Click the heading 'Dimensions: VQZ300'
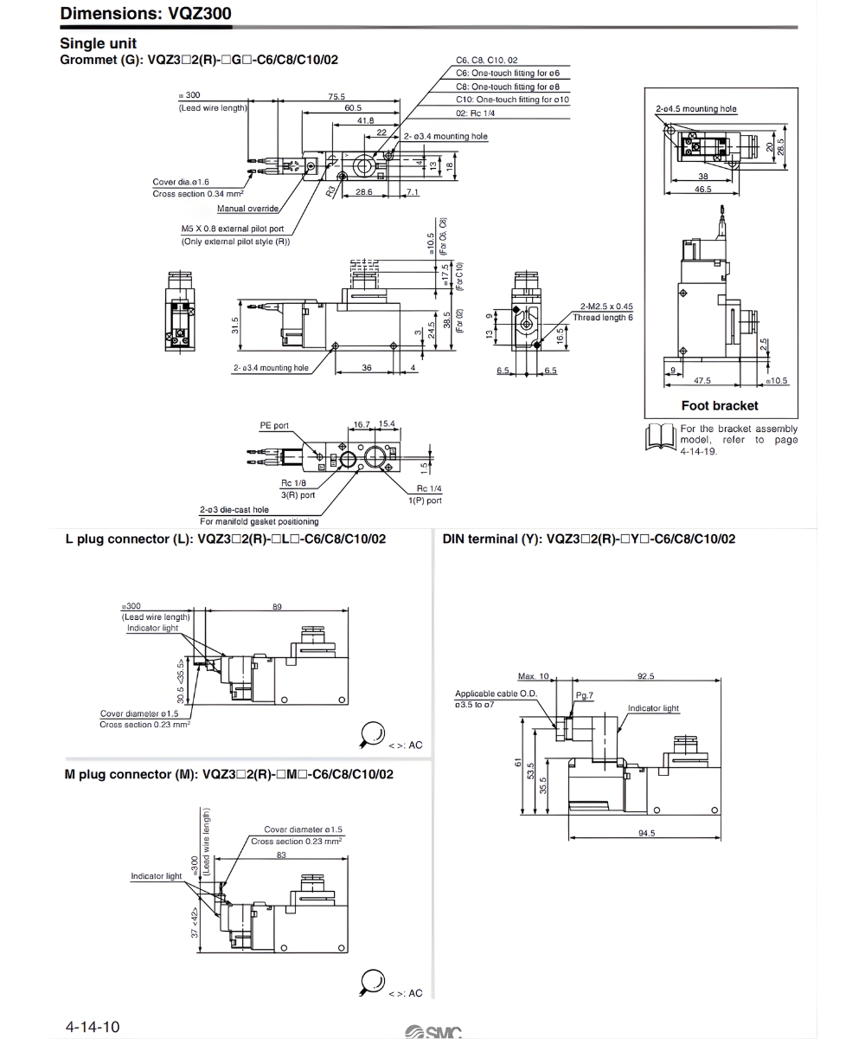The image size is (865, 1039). (145, 13)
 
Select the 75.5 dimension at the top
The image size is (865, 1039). (336, 96)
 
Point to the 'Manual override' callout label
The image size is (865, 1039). (247, 209)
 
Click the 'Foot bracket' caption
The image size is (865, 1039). (719, 405)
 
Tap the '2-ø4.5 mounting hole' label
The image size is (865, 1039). (696, 109)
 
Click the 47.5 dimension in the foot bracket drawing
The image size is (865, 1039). (702, 380)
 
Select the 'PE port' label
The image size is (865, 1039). (274, 426)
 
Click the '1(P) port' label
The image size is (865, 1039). (426, 500)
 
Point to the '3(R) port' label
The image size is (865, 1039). (298, 494)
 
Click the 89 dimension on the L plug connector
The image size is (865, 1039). (277, 607)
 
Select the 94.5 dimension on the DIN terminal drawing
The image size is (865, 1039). (646, 833)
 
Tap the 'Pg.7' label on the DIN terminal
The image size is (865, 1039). (585, 695)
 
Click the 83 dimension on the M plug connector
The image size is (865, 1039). (281, 855)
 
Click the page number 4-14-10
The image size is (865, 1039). (93, 1027)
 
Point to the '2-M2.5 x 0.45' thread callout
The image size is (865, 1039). (606, 307)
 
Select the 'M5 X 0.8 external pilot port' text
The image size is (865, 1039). (233, 229)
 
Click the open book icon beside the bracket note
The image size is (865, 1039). (661, 437)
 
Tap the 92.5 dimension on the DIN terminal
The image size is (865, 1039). (645, 676)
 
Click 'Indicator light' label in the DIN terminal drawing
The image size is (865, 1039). (653, 708)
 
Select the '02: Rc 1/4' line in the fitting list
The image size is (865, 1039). (476, 113)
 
